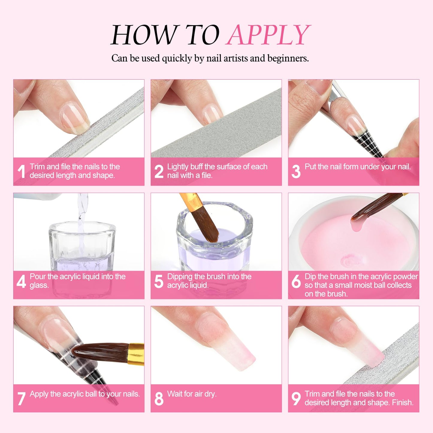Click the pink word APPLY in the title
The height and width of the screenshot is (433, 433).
click(268, 35)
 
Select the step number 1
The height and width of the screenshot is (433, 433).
click(21, 171)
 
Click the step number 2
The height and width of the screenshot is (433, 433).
click(159, 171)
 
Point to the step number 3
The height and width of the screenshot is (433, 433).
click(296, 171)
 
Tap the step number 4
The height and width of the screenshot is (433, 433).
click(21, 281)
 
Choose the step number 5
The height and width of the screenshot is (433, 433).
click(159, 281)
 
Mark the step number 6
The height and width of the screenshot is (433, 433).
click(296, 281)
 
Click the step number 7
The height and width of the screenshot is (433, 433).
click(21, 399)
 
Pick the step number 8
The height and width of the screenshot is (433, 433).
click(159, 399)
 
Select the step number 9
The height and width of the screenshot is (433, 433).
click(296, 399)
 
